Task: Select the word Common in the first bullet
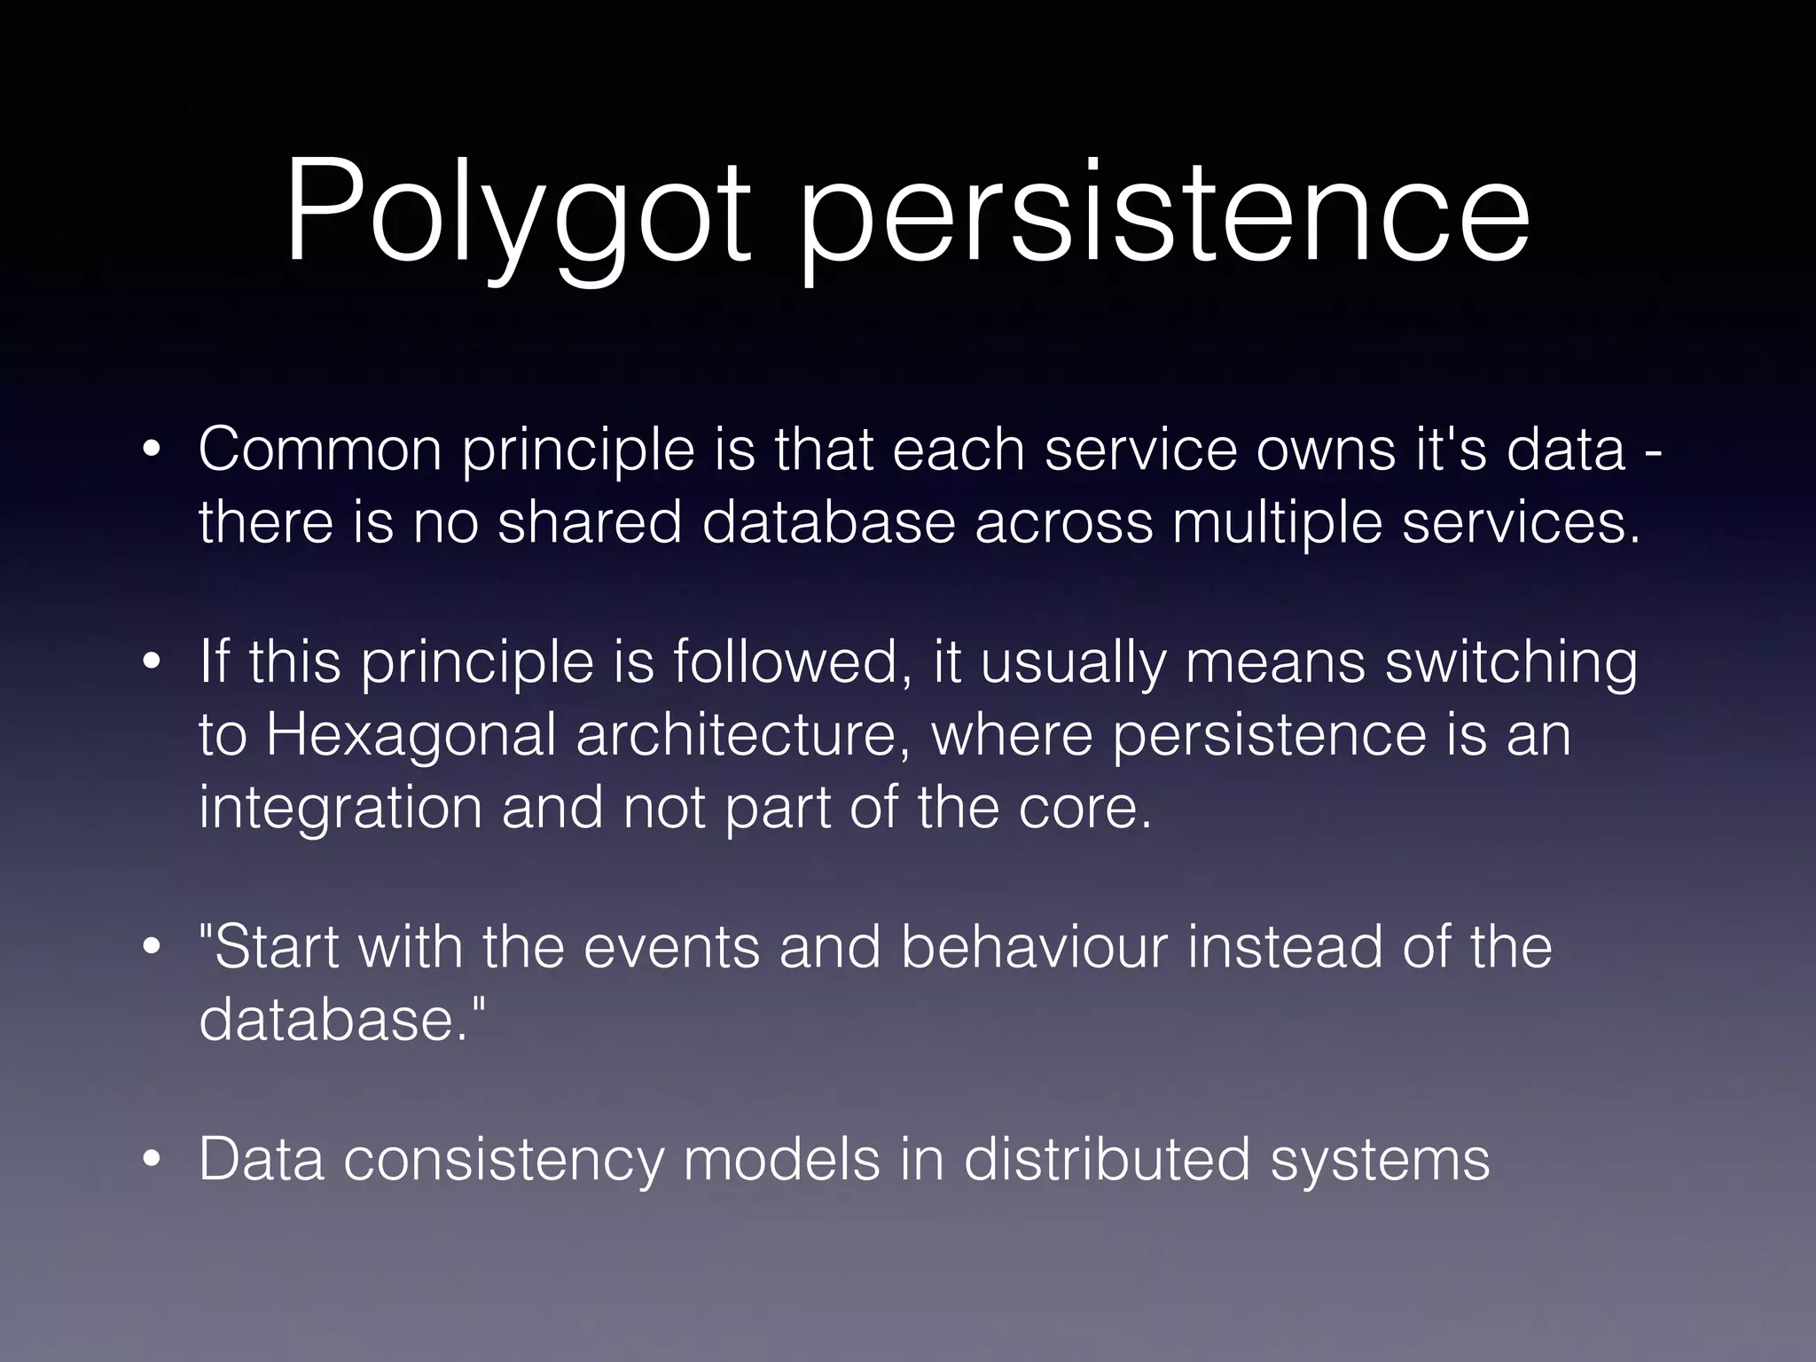319,449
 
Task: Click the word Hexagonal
411,736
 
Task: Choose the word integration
340,809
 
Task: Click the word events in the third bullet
671,947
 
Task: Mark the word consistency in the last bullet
504,1160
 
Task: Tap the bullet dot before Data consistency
153,1160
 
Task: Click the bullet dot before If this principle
153,663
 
